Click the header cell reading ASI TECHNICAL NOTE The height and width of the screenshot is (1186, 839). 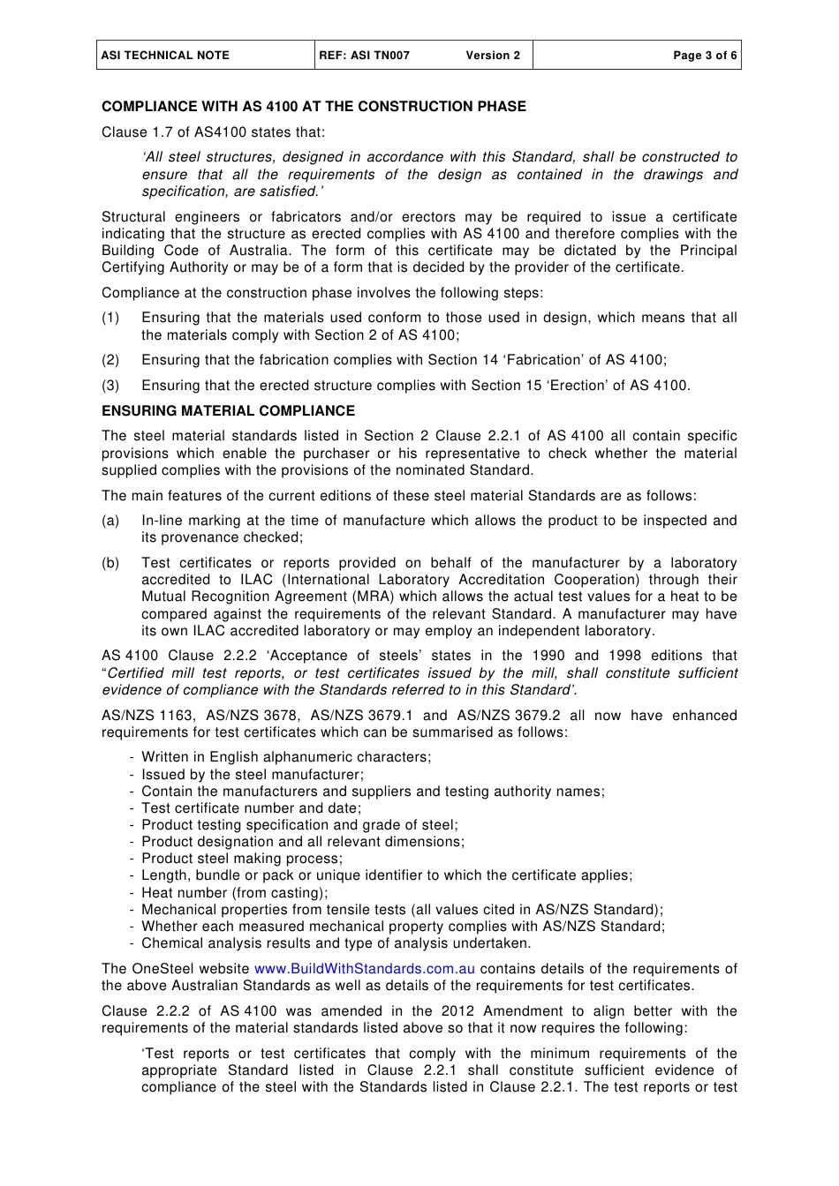tap(165, 56)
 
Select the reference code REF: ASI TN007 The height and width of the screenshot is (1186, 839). tap(365, 56)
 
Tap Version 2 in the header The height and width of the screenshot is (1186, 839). tap(493, 56)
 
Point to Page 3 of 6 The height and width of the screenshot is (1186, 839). tap(704, 56)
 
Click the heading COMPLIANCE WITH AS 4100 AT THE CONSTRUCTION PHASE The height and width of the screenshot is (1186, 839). tap(314, 107)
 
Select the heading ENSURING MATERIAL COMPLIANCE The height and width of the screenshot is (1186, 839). tap(228, 411)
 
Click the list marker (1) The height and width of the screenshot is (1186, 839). tap(110, 318)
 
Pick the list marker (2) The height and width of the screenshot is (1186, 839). tap(110, 360)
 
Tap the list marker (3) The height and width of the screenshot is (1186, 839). tap(110, 386)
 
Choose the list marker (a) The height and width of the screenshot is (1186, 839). tap(110, 521)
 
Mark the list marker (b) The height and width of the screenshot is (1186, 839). tap(110, 563)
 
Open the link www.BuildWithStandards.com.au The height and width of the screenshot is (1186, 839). tap(365, 969)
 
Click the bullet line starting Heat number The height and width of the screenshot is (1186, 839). tap(234, 893)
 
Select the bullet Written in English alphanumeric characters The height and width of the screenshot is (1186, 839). tap(286, 757)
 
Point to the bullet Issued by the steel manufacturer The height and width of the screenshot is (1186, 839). tap(252, 775)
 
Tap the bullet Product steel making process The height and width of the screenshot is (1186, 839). tap(241, 859)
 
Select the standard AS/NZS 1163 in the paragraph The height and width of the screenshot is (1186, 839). tap(147, 716)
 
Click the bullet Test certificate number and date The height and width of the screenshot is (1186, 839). tap(251, 808)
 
